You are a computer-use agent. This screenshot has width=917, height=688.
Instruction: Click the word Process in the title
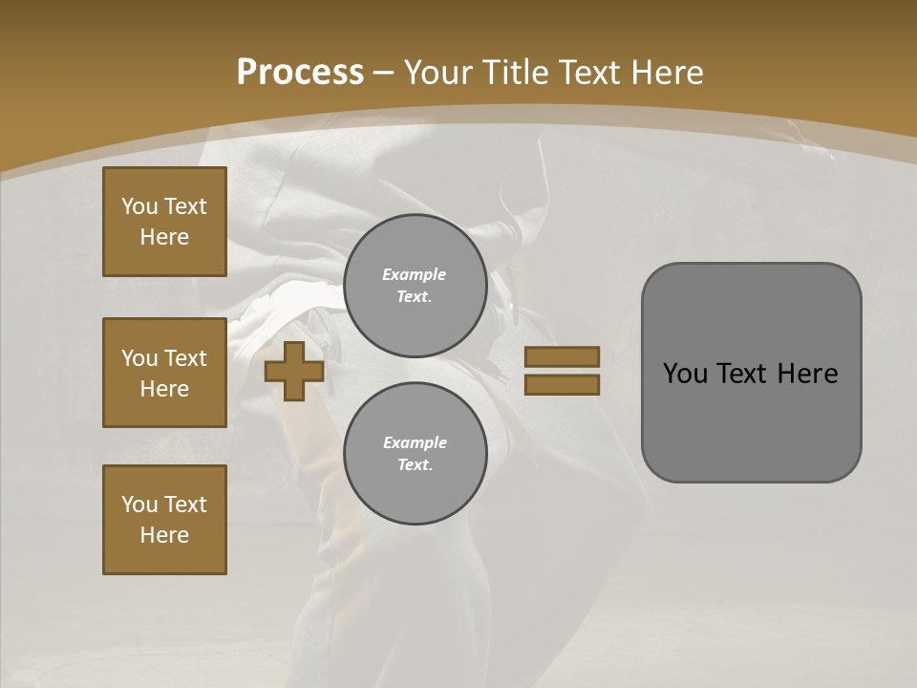click(300, 73)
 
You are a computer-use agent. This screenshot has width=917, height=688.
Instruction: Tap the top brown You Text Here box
click(164, 222)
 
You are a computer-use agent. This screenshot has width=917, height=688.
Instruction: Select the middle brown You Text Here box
click(164, 373)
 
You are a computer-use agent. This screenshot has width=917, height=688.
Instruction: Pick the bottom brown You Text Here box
click(164, 520)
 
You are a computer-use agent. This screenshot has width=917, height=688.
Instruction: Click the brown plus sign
click(294, 371)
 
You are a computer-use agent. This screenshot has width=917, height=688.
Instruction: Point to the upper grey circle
click(416, 286)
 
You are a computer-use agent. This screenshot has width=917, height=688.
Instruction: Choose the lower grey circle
click(416, 454)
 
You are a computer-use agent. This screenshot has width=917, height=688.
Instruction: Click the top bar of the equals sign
click(562, 356)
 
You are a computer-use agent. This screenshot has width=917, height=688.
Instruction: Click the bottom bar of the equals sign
click(562, 385)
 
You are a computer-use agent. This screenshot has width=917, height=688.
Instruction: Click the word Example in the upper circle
click(415, 274)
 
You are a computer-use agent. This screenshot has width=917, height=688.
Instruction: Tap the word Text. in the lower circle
click(415, 464)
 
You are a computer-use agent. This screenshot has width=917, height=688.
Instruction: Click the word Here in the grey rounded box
click(808, 374)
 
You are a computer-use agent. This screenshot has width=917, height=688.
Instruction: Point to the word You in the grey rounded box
click(685, 374)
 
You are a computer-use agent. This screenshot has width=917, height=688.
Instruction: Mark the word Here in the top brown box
click(164, 237)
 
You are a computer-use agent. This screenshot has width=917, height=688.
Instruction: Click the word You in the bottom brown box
click(139, 505)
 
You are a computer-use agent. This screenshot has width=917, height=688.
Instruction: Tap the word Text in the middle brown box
click(185, 358)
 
